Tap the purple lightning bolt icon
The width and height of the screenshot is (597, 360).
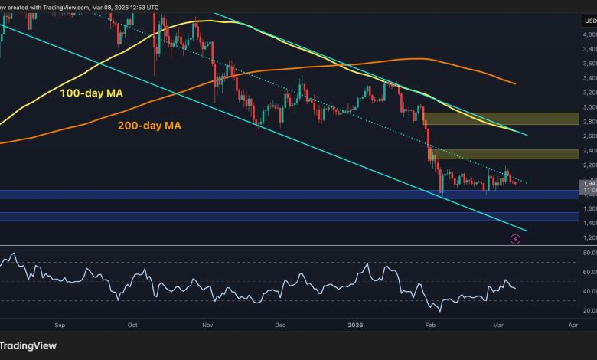click(515, 239)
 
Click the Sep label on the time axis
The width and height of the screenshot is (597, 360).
click(61, 325)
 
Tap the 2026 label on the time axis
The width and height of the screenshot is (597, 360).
click(355, 325)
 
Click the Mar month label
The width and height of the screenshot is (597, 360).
click(499, 325)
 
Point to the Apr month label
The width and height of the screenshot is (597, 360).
click(573, 325)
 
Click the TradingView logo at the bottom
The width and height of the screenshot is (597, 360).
click(31, 345)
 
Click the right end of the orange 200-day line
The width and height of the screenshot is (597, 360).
click(514, 83)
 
